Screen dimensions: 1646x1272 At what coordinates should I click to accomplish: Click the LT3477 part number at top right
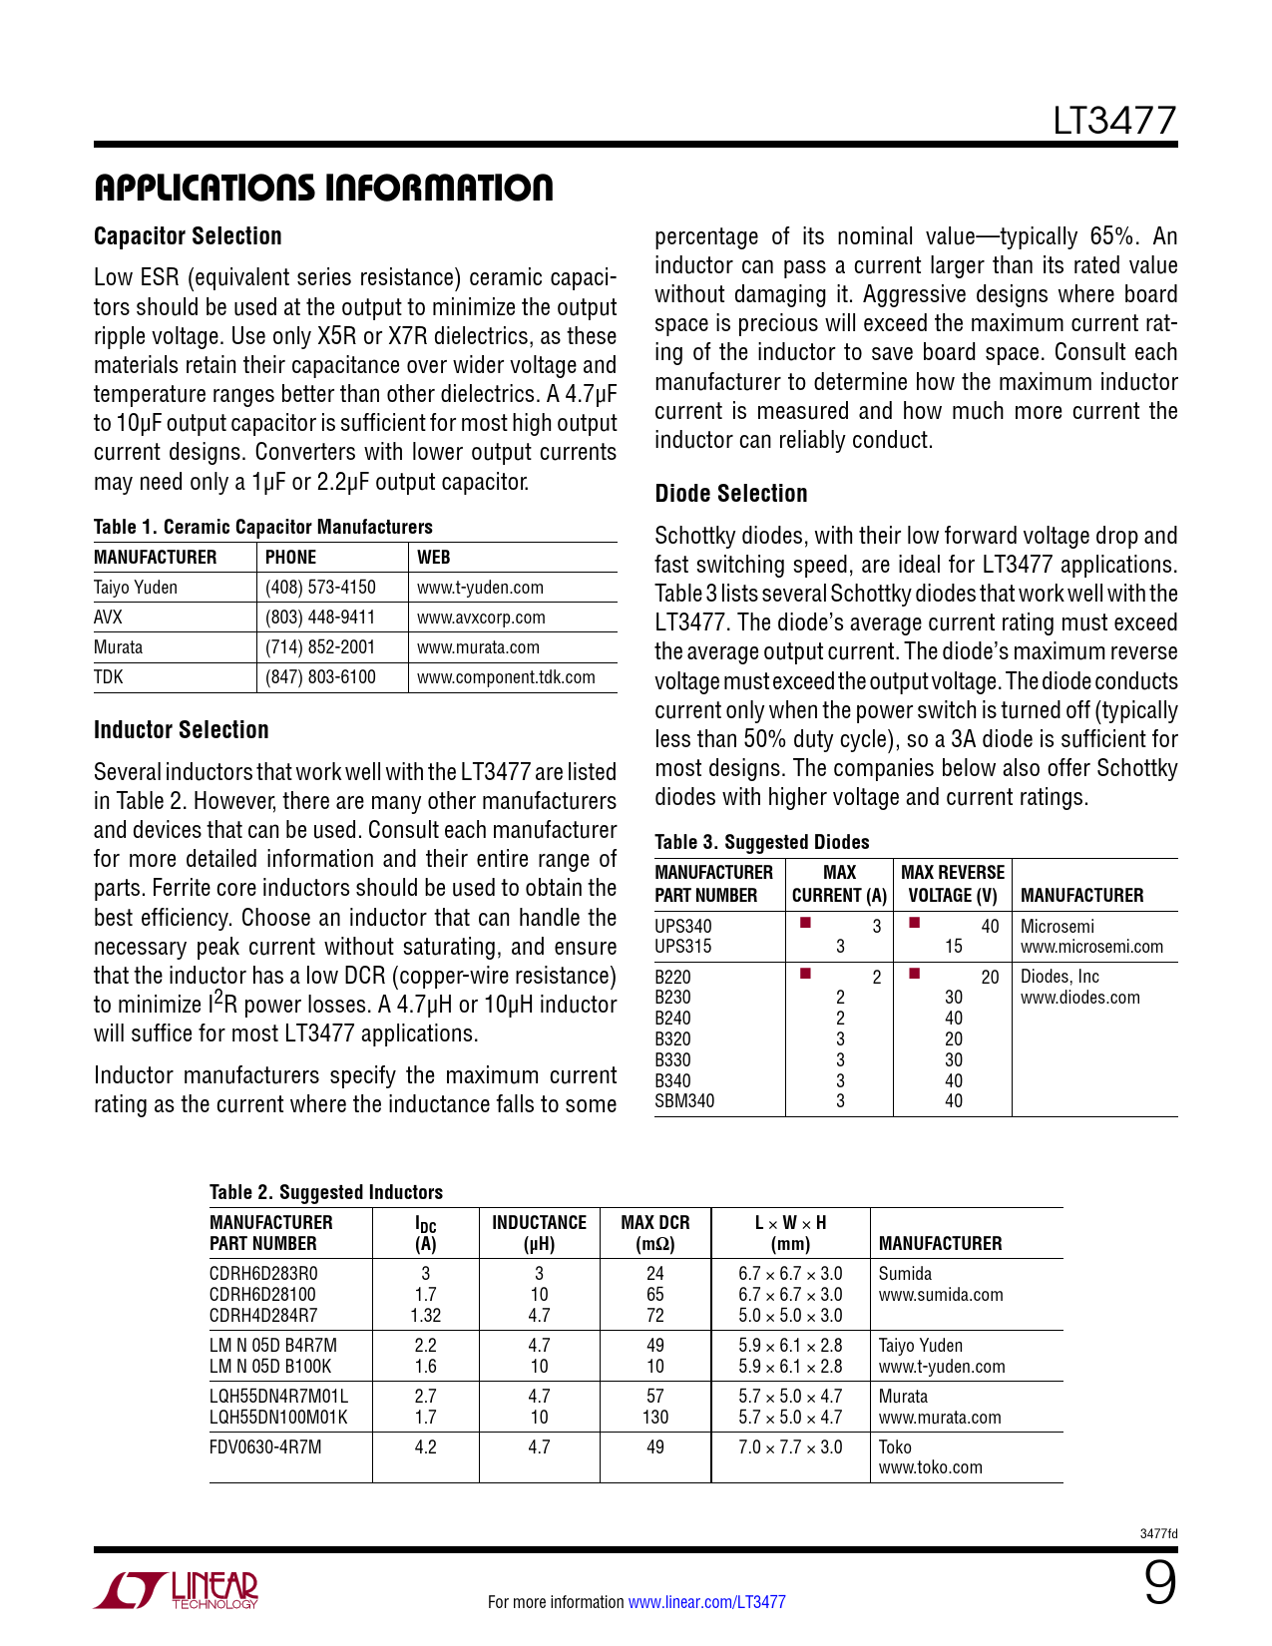point(1114,121)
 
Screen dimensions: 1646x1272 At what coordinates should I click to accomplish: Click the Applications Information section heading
point(323,188)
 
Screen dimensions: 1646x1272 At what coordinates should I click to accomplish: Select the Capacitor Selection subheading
point(188,236)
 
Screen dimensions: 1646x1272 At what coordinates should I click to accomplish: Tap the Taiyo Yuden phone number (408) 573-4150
point(320,588)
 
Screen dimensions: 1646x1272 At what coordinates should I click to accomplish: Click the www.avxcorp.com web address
point(481,617)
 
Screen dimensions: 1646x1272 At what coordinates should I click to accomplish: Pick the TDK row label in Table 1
point(109,677)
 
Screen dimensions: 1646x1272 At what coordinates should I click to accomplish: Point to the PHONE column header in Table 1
point(290,558)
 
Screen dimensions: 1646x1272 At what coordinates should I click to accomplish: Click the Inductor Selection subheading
point(182,730)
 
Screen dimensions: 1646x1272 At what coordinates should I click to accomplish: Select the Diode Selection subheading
point(731,494)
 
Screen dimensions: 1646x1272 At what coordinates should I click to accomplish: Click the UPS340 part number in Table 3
point(683,927)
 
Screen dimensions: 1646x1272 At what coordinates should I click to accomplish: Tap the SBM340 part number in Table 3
point(684,1101)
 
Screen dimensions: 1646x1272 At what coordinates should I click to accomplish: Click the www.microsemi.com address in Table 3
point(1091,947)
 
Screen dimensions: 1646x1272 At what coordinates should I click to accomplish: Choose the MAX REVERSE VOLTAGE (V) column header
point(953,884)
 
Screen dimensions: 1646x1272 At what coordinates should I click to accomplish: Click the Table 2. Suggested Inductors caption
point(326,1192)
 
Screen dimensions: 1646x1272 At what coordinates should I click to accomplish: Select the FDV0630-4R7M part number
point(265,1447)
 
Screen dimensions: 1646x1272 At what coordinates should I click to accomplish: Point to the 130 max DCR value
point(655,1418)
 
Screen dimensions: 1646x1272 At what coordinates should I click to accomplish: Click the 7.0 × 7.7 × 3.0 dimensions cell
point(790,1447)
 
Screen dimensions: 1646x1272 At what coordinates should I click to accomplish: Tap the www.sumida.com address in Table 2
point(941,1295)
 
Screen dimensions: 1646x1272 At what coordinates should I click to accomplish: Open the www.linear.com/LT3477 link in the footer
point(706,1602)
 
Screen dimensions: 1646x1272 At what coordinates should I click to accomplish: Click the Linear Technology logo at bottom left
point(177,1590)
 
